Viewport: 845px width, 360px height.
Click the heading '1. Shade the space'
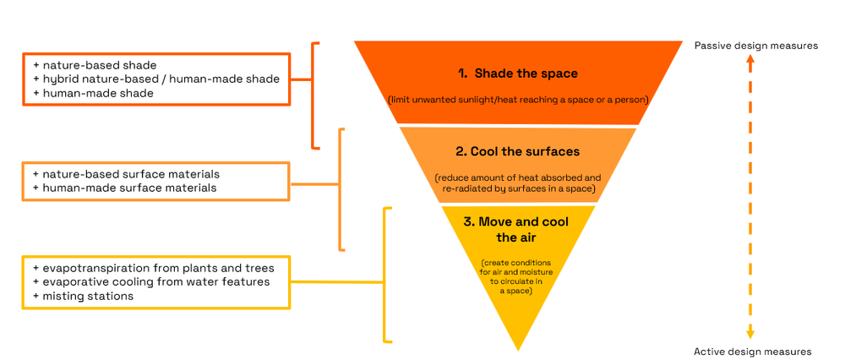(517, 74)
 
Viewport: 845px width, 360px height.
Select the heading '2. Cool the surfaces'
(517, 152)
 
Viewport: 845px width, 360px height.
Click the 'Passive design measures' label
(755, 46)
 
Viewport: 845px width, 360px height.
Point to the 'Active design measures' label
(752, 351)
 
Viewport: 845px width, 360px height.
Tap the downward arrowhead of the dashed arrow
(750, 334)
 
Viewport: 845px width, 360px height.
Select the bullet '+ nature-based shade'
(95, 65)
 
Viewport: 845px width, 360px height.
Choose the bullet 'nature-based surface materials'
(127, 174)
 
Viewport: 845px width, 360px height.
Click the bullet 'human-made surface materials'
(125, 188)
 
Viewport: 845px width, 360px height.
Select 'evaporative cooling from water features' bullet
(152, 281)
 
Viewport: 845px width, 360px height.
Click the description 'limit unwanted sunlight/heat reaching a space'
(517, 100)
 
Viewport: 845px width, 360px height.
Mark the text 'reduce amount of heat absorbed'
(517, 178)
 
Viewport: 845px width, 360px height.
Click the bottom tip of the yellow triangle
(517, 347)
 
